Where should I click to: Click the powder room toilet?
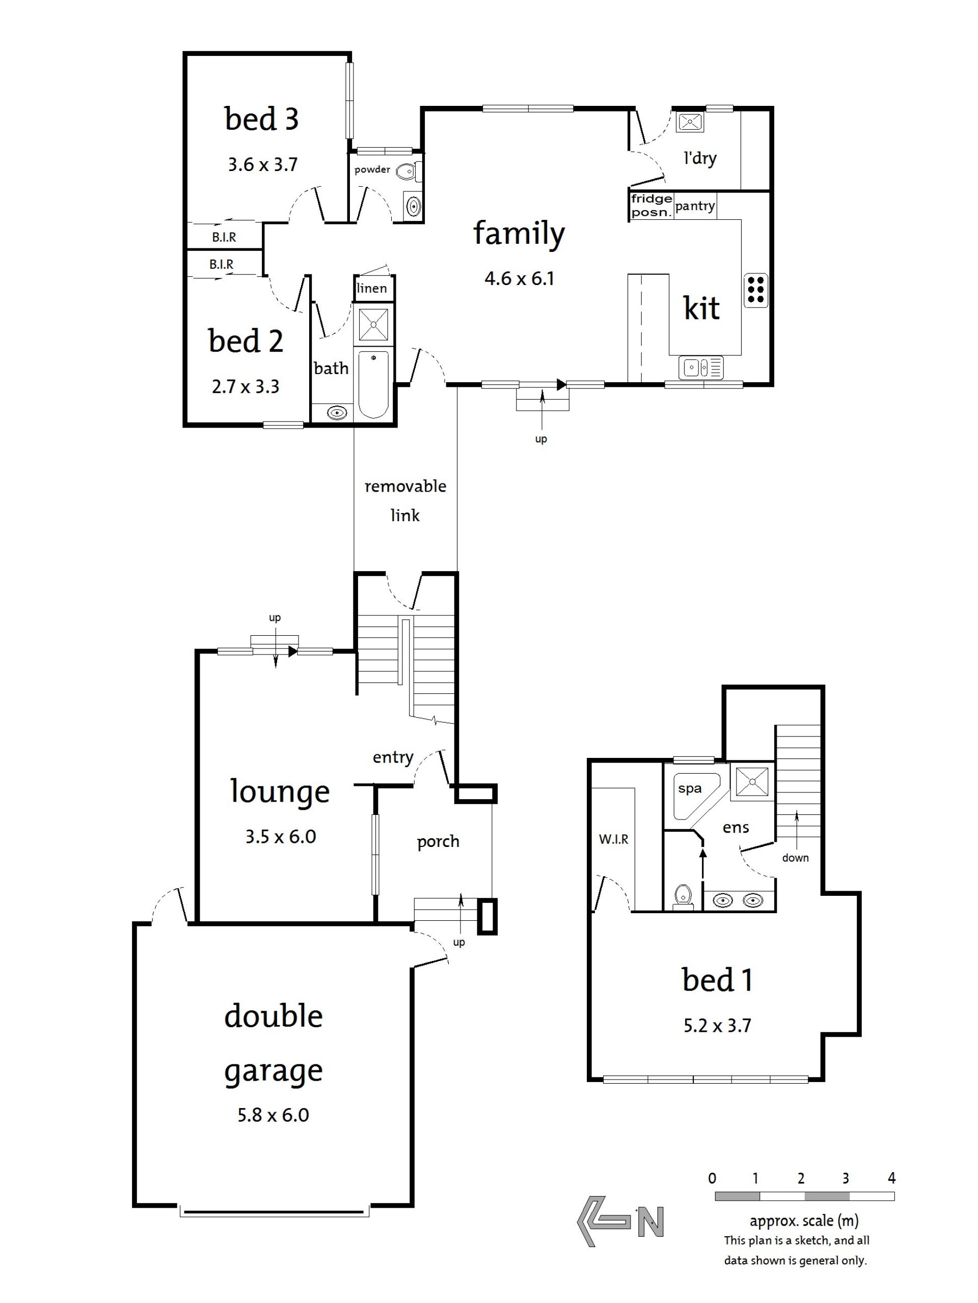tap(409, 172)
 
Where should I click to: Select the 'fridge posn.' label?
tap(651, 206)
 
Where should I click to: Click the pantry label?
tap(695, 206)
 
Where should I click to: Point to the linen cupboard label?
tap(372, 288)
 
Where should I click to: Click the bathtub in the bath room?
tap(373, 385)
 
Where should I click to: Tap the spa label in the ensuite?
tap(690, 789)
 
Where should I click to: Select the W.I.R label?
tap(614, 839)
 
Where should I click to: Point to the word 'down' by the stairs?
tap(795, 858)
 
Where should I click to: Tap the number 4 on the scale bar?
tap(891, 1177)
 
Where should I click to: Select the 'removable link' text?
tap(405, 501)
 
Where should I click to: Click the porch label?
tap(438, 842)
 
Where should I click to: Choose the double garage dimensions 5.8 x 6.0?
tap(273, 1115)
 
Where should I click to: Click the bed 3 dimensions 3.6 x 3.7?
tap(263, 164)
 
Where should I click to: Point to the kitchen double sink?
tap(701, 368)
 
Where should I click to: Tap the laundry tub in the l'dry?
tap(689, 122)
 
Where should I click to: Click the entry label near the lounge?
tap(393, 757)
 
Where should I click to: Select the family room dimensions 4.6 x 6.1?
tap(520, 278)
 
